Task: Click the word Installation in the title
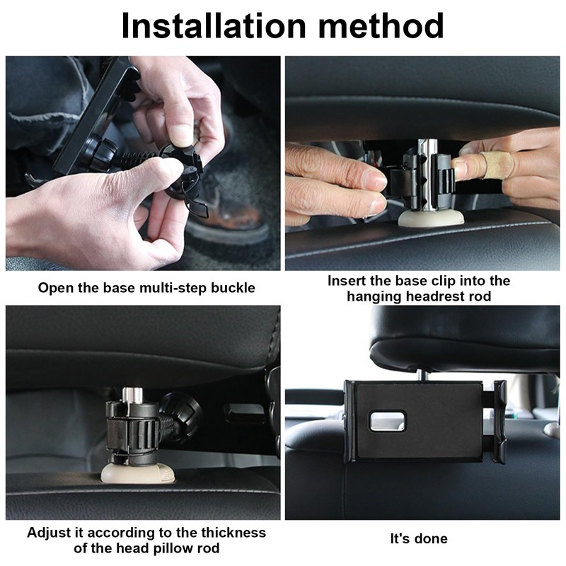[214, 25]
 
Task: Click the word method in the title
[381, 25]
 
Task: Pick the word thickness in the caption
[233, 533]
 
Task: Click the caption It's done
[419, 538]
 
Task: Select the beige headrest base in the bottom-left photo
[138, 473]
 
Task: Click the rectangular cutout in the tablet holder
[387, 421]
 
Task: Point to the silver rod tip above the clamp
[131, 394]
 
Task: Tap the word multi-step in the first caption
[173, 288]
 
